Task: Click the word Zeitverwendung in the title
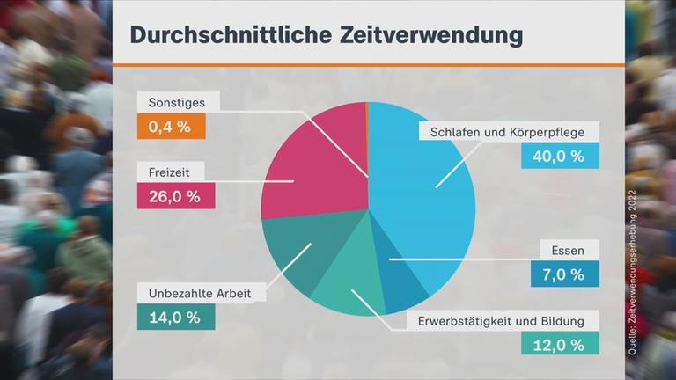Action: [426, 34]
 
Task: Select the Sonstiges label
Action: [177, 102]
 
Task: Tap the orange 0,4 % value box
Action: [170, 127]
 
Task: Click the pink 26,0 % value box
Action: [175, 196]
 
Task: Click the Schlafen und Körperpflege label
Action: [514, 132]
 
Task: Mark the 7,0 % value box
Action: [564, 274]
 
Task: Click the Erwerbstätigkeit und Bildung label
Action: [508, 320]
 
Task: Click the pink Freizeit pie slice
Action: [312, 167]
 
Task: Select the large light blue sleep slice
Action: [422, 185]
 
